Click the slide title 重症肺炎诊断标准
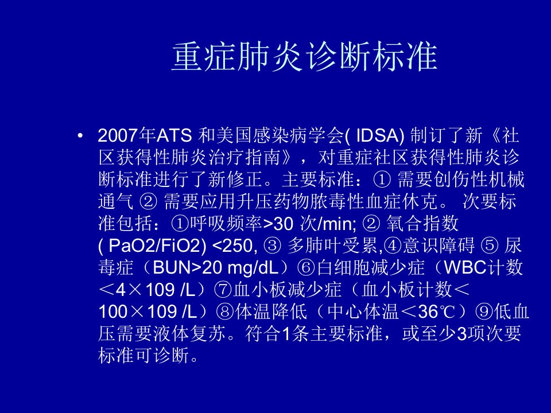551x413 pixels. click(x=304, y=57)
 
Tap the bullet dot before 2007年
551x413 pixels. click(x=81, y=136)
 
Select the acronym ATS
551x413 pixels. click(x=174, y=135)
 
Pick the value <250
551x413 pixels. click(x=232, y=246)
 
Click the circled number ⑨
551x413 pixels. click(x=484, y=311)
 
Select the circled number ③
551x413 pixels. click(x=272, y=246)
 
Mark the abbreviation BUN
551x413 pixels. click(x=171, y=268)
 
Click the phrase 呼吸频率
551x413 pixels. click(x=226, y=224)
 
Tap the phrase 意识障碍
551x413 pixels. click(x=439, y=246)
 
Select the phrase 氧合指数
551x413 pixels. click(x=422, y=224)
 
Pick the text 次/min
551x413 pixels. click(x=328, y=224)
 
